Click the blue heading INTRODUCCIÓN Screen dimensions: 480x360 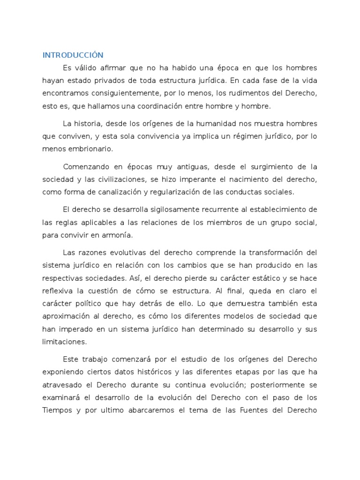[x=73, y=55]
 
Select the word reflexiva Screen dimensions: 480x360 [x=58, y=291]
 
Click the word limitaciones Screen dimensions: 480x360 [x=64, y=341]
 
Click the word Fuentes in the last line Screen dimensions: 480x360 [x=263, y=410]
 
